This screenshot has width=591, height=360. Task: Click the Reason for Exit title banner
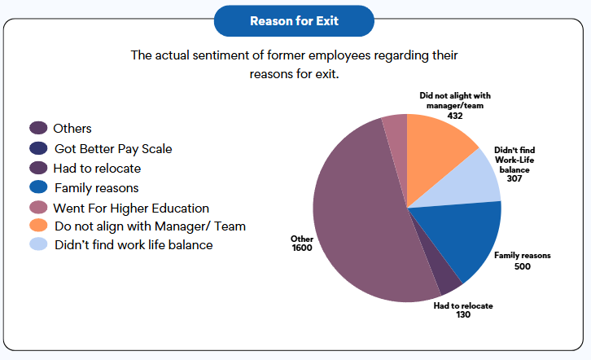[295, 21]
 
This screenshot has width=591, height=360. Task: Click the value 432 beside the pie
[455, 116]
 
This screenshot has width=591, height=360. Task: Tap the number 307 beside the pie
[514, 178]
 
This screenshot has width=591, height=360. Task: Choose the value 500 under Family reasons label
[522, 266]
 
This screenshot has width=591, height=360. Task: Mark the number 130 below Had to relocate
[462, 315]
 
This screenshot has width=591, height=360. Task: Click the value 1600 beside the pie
[303, 248]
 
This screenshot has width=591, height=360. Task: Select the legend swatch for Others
[38, 129]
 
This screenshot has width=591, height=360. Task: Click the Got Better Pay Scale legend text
[113, 149]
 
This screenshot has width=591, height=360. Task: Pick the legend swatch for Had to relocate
[38, 169]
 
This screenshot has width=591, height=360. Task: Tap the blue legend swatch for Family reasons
[38, 188]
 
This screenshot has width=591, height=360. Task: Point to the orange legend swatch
[38, 226]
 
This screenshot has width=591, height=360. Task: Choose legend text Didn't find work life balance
[133, 245]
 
